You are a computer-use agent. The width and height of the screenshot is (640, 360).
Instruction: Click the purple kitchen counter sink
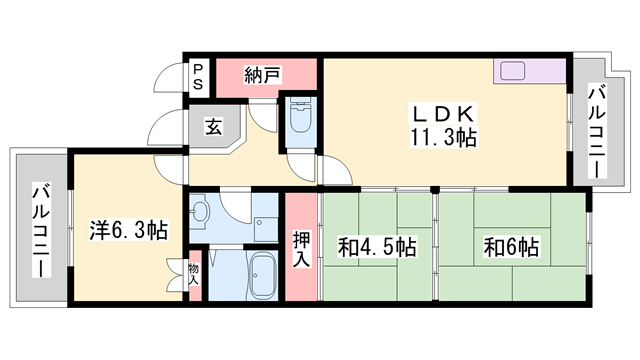(x=514, y=71)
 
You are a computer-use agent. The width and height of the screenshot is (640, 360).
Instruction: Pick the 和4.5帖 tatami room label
(x=377, y=246)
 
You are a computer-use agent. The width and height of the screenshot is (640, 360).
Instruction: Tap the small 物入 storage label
(x=193, y=272)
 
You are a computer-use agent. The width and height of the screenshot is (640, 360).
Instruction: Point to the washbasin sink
(x=200, y=212)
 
